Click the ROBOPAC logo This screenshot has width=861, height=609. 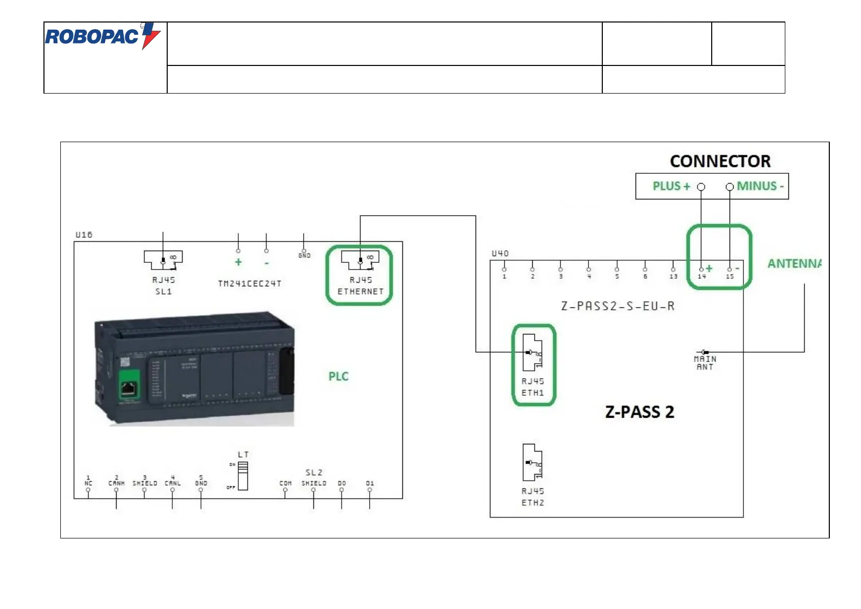tap(102, 36)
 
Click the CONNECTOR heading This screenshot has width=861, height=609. tap(720, 162)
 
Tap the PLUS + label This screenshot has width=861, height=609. tap(671, 186)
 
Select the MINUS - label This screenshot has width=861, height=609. tap(760, 186)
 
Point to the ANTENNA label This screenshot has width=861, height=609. tap(795, 264)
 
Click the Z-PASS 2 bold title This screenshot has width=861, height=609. tap(640, 412)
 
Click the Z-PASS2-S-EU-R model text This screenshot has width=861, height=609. tap(618, 306)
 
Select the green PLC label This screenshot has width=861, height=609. tap(338, 377)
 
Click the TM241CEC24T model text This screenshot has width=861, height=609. tap(250, 284)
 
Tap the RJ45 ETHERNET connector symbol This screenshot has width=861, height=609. tap(360, 260)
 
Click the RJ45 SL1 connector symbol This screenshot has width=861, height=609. tap(163, 260)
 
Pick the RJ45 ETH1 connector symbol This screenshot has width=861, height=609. tap(532, 352)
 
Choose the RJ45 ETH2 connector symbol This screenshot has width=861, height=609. tap(532, 462)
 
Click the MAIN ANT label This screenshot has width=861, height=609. tap(705, 363)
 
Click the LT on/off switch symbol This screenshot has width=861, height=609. tap(243, 476)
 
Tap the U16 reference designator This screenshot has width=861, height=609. tap(84, 235)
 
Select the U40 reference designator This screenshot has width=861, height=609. tap(500, 254)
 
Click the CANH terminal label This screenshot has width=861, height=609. tap(116, 483)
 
